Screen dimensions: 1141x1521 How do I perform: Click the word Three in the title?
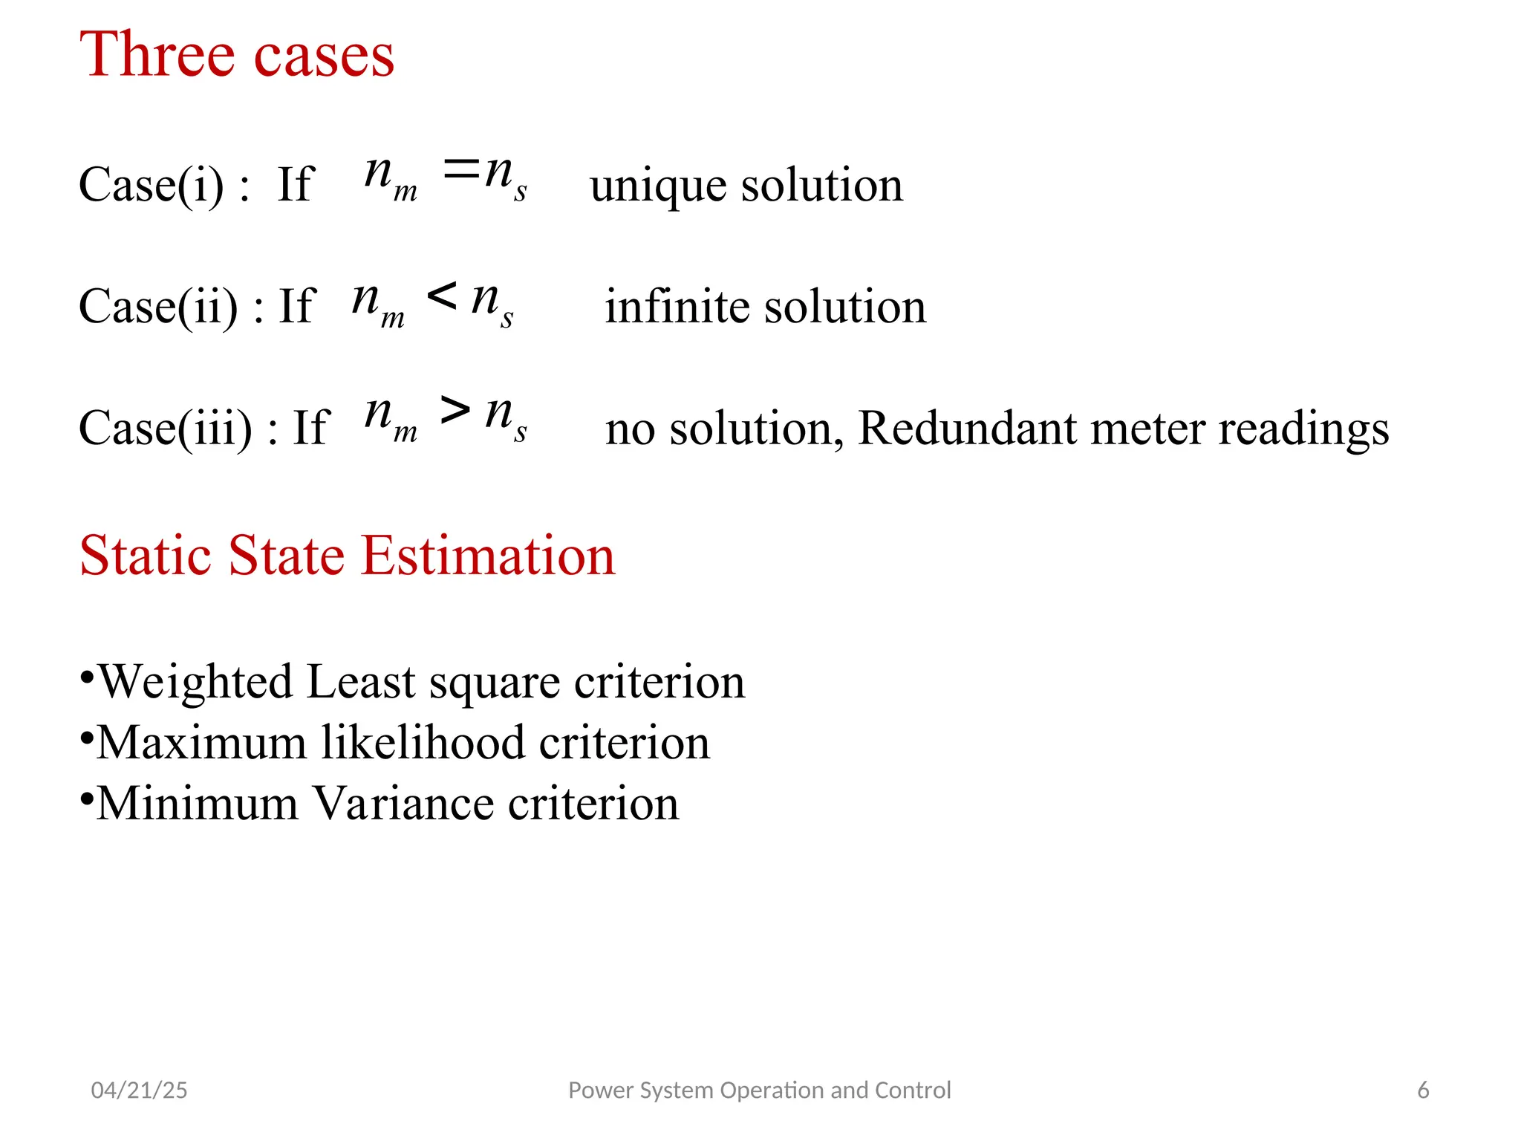[157, 55]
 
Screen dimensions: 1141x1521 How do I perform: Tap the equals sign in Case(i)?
[461, 171]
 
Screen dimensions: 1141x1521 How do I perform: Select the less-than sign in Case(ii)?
[442, 296]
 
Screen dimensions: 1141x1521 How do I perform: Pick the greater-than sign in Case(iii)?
[455, 409]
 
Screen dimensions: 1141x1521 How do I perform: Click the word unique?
[658, 186]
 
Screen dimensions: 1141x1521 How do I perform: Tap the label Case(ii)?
[158, 306]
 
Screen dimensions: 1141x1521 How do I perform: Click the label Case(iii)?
[166, 429]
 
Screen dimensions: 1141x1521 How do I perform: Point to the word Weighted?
[195, 683]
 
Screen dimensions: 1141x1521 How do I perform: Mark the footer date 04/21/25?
[139, 1090]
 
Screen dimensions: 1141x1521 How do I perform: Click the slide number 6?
[1423, 1090]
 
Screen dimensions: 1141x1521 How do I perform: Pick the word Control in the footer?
[913, 1090]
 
